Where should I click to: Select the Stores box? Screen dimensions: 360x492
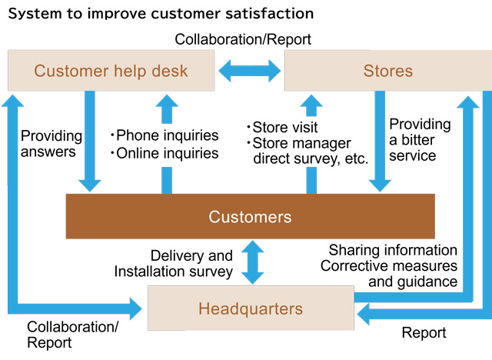coord(387,72)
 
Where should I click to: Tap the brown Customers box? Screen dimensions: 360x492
coord(250,216)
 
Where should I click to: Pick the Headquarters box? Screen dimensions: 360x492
coord(250,309)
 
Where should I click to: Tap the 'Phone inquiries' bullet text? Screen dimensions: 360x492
coord(165,135)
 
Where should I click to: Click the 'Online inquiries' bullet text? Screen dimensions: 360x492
coord(165,153)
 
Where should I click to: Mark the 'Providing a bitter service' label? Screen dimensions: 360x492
coord(420,139)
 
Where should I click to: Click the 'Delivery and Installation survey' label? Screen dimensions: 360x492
coord(174,263)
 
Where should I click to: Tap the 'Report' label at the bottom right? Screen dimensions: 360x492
coord(424,333)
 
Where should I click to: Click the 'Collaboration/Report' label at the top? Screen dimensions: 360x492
coord(243,39)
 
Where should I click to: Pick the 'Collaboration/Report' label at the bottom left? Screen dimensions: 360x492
coord(73,335)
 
